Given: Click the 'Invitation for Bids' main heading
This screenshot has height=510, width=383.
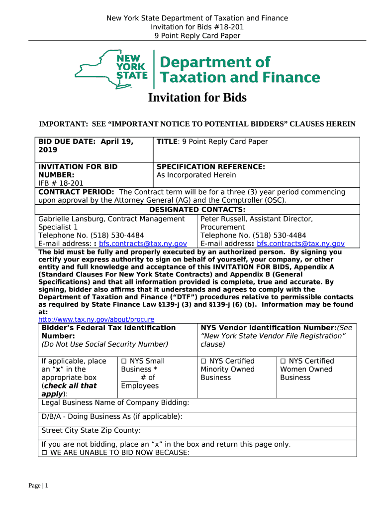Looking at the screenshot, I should click(x=197, y=98).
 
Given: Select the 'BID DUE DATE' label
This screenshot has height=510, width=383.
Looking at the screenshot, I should click(x=68, y=142).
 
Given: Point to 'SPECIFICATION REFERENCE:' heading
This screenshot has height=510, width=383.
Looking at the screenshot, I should click(x=210, y=167).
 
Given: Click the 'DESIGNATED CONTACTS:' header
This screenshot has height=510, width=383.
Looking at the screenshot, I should click(x=197, y=210).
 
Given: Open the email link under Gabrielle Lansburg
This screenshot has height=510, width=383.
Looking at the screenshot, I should click(x=143, y=244).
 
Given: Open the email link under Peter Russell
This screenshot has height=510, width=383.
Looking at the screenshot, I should click(x=300, y=244).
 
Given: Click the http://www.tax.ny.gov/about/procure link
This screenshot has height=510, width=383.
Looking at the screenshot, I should click(x=96, y=319).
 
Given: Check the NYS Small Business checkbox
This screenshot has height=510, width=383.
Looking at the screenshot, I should click(x=124, y=361).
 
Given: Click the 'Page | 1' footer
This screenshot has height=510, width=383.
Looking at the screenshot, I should click(x=38, y=486).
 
